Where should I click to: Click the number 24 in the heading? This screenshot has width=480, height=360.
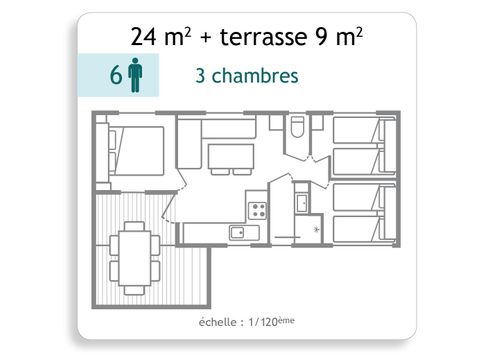click(144, 37)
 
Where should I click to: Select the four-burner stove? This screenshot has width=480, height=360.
click(257, 211)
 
